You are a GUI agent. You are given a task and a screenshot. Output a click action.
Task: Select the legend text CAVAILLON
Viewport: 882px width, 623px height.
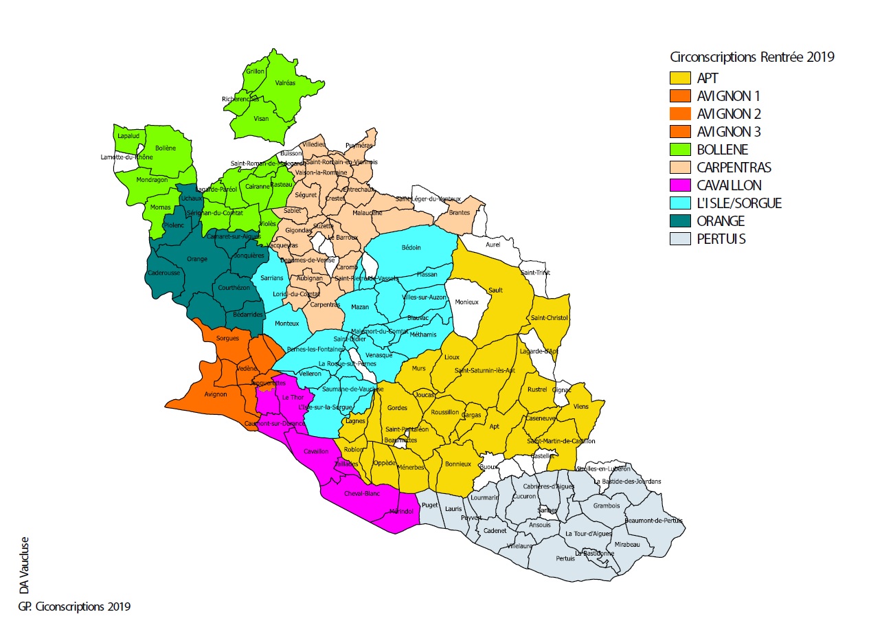[728, 185]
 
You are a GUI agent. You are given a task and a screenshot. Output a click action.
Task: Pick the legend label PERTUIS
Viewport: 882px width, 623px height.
[721, 239]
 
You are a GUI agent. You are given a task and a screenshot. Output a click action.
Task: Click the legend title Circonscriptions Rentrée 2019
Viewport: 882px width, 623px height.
[752, 58]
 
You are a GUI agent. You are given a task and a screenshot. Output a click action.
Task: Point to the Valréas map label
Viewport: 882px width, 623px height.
[285, 82]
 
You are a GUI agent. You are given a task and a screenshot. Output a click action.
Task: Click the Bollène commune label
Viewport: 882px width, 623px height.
[166, 148]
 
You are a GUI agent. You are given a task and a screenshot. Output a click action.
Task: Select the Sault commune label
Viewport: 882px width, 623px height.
[495, 290]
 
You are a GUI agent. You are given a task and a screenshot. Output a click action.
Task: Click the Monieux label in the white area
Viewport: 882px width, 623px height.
[466, 302]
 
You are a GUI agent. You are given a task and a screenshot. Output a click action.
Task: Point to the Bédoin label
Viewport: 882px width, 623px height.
[410, 247]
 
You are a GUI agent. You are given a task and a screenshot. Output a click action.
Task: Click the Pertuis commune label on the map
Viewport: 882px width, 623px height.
[565, 558]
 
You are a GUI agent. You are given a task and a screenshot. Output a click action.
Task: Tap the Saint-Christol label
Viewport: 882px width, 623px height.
[548, 318]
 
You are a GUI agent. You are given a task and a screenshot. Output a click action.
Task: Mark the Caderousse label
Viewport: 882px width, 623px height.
[163, 273]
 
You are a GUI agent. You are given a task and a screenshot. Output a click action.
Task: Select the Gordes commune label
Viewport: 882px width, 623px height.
[397, 408]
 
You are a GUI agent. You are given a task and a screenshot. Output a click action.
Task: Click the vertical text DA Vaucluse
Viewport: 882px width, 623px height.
[24, 565]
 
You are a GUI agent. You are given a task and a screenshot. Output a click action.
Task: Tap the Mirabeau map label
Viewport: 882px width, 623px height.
[627, 544]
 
